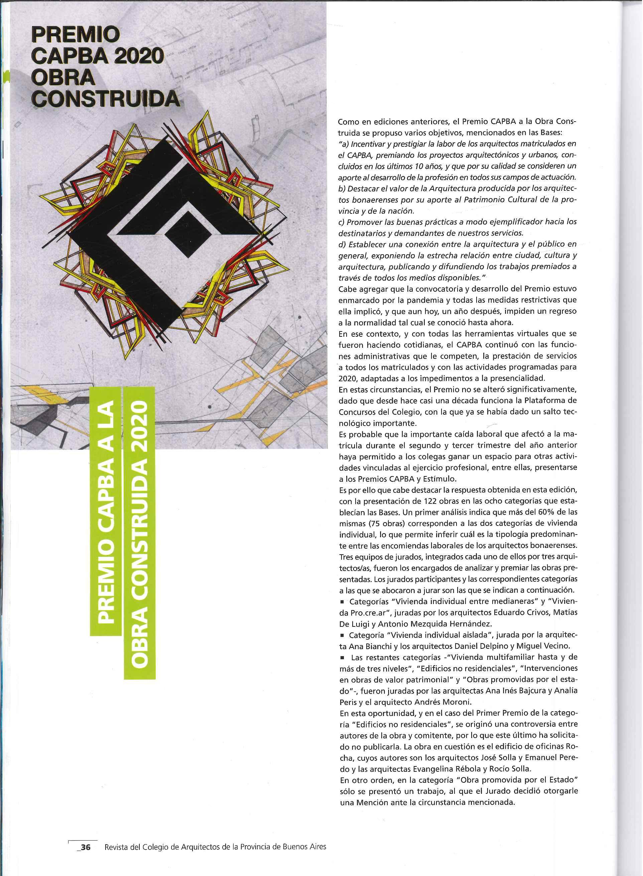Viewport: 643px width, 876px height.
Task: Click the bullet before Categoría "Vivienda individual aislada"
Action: click(x=343, y=635)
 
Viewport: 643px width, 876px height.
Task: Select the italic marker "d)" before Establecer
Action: click(x=343, y=244)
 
